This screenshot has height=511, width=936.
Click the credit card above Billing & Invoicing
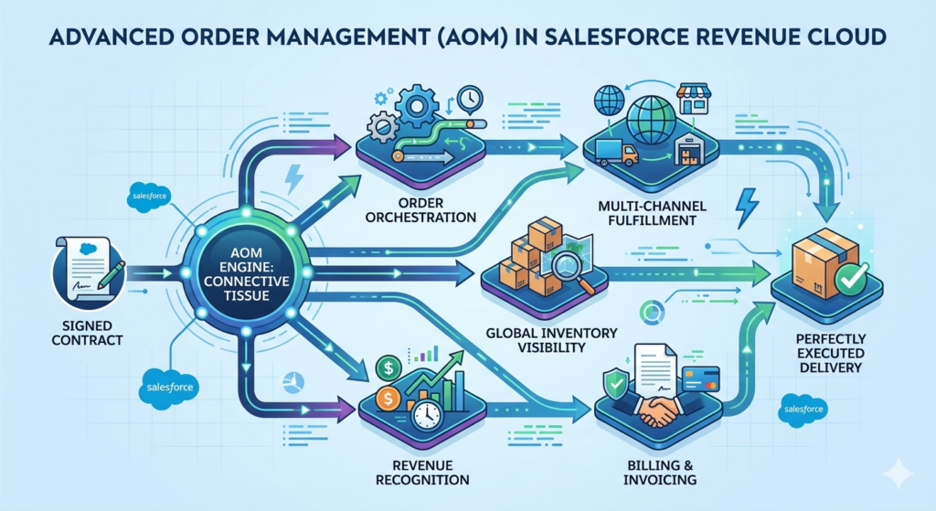[x=700, y=378]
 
